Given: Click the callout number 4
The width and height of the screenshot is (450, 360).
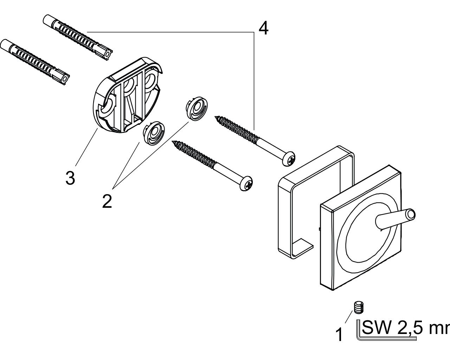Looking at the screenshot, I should point(263,28).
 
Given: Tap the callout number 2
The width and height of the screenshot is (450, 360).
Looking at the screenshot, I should point(107,201).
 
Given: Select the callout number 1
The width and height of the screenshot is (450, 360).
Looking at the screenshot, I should point(339,335).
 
